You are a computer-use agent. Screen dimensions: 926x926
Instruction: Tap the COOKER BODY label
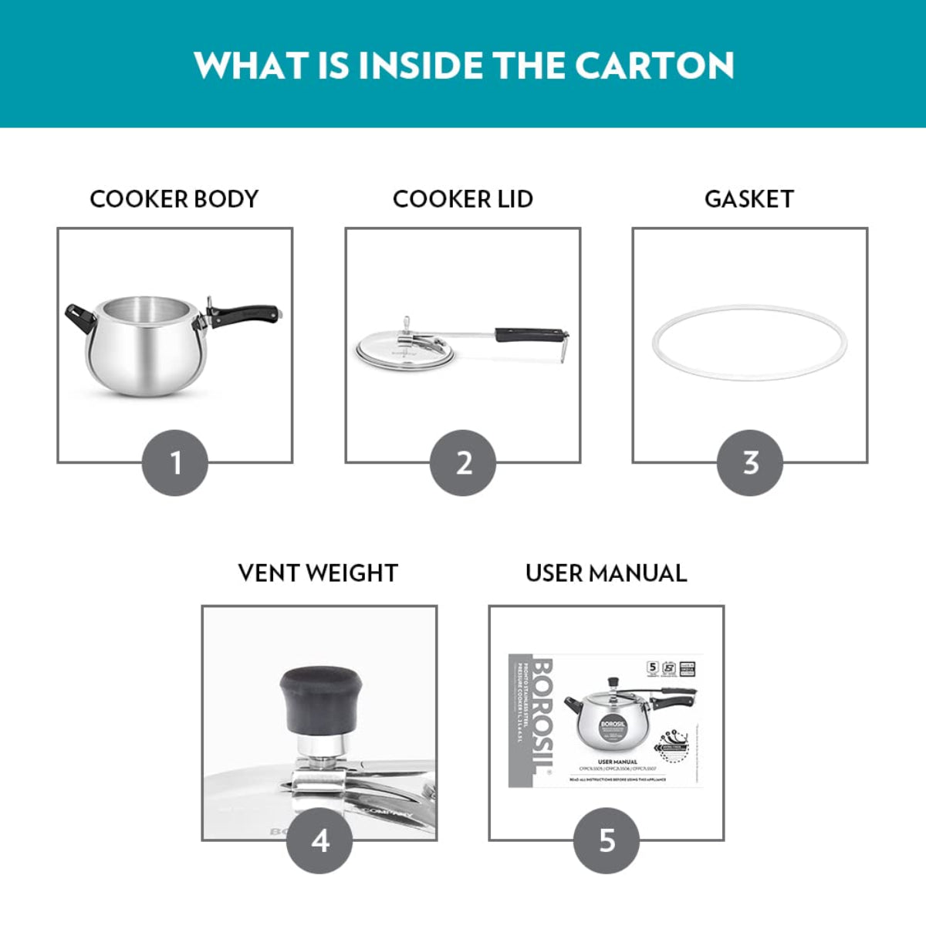[x=174, y=199]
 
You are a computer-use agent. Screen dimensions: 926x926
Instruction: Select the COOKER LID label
[x=462, y=199]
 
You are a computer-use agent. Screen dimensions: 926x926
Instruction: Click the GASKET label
[x=749, y=199]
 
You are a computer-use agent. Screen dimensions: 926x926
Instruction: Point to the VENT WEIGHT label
[x=318, y=573]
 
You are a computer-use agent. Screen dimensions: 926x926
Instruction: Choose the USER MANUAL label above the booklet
[x=606, y=573]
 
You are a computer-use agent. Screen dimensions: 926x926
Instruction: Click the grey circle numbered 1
[x=175, y=463]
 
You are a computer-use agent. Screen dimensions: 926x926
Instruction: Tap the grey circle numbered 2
[x=463, y=463]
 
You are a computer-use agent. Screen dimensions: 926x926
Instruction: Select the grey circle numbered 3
[x=750, y=463]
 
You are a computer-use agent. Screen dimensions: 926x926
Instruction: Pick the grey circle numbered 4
[x=319, y=840]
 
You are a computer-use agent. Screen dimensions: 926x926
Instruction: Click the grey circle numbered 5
[x=607, y=840]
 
